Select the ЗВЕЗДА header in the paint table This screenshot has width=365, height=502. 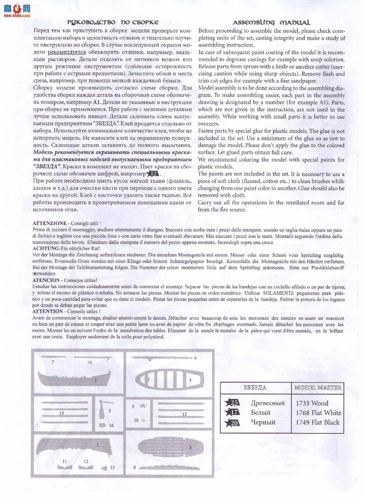255,387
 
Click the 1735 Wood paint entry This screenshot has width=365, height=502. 312,403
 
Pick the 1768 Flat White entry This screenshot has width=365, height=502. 318,413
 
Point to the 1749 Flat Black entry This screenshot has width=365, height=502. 318,423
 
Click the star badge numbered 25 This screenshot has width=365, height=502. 233,403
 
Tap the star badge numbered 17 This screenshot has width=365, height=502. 233,413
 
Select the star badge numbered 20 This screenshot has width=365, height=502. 233,423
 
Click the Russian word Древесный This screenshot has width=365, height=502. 268,403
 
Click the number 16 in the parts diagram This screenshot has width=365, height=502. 111,425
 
